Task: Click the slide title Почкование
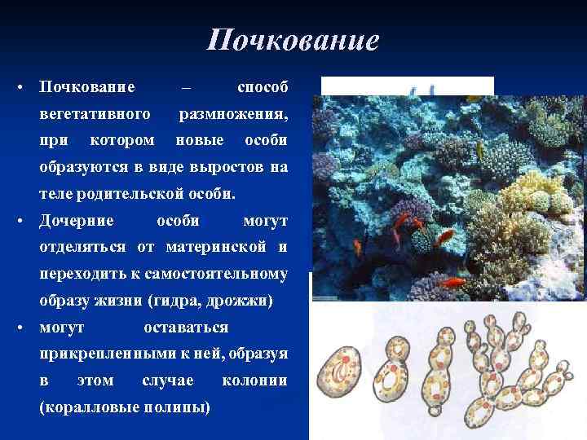tap(293, 40)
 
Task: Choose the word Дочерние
tap(77, 221)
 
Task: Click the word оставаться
tap(186, 328)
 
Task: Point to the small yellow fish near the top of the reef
tap(480, 150)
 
